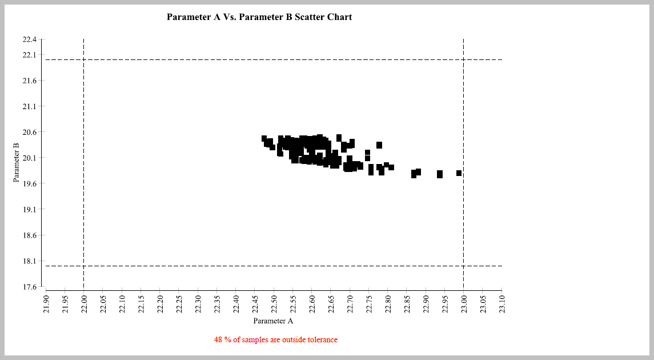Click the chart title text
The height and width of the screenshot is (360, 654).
[259, 17]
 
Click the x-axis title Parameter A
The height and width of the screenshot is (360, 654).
[273, 321]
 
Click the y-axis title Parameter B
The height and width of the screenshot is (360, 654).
[17, 163]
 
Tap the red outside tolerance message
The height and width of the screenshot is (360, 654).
[276, 340]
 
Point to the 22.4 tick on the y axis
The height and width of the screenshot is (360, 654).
[29, 39]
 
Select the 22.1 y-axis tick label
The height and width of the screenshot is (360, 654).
[29, 55]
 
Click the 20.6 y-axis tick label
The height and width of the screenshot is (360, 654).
[29, 132]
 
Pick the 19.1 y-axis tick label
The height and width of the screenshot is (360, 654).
[29, 209]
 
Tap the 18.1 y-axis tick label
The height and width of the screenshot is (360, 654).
[29, 261]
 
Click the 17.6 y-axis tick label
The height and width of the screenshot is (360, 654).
[29, 286]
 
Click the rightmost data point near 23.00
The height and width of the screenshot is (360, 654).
[459, 173]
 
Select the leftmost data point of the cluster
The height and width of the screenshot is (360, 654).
[264, 138]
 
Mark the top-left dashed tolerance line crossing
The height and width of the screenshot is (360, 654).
[84, 59]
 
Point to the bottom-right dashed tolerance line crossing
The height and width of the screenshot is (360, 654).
[463, 266]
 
